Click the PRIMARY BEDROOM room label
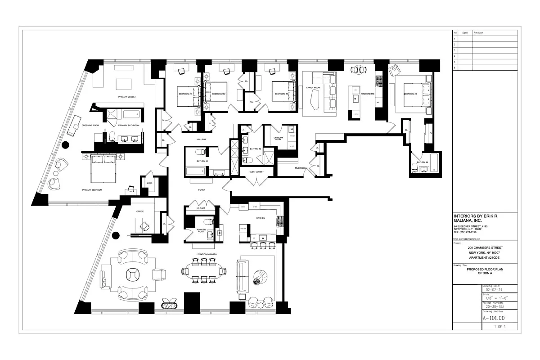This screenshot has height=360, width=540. [x=92, y=190]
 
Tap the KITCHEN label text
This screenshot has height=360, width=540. [x=261, y=218]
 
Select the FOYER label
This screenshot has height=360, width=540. [x=202, y=190]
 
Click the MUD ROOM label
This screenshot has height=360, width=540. [x=301, y=168]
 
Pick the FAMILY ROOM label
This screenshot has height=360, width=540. [x=313, y=87]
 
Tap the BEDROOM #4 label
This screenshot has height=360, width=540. [x=410, y=94]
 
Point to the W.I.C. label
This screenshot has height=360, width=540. [x=149, y=183]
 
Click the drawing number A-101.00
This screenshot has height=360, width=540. [x=494, y=318]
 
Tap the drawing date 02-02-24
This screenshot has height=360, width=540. [x=493, y=290]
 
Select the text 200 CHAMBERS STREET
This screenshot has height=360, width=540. [x=485, y=248]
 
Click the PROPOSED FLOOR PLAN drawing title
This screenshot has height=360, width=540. [x=485, y=269]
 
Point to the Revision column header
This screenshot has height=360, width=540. [x=478, y=33]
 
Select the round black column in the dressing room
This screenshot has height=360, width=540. [x=66, y=145]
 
